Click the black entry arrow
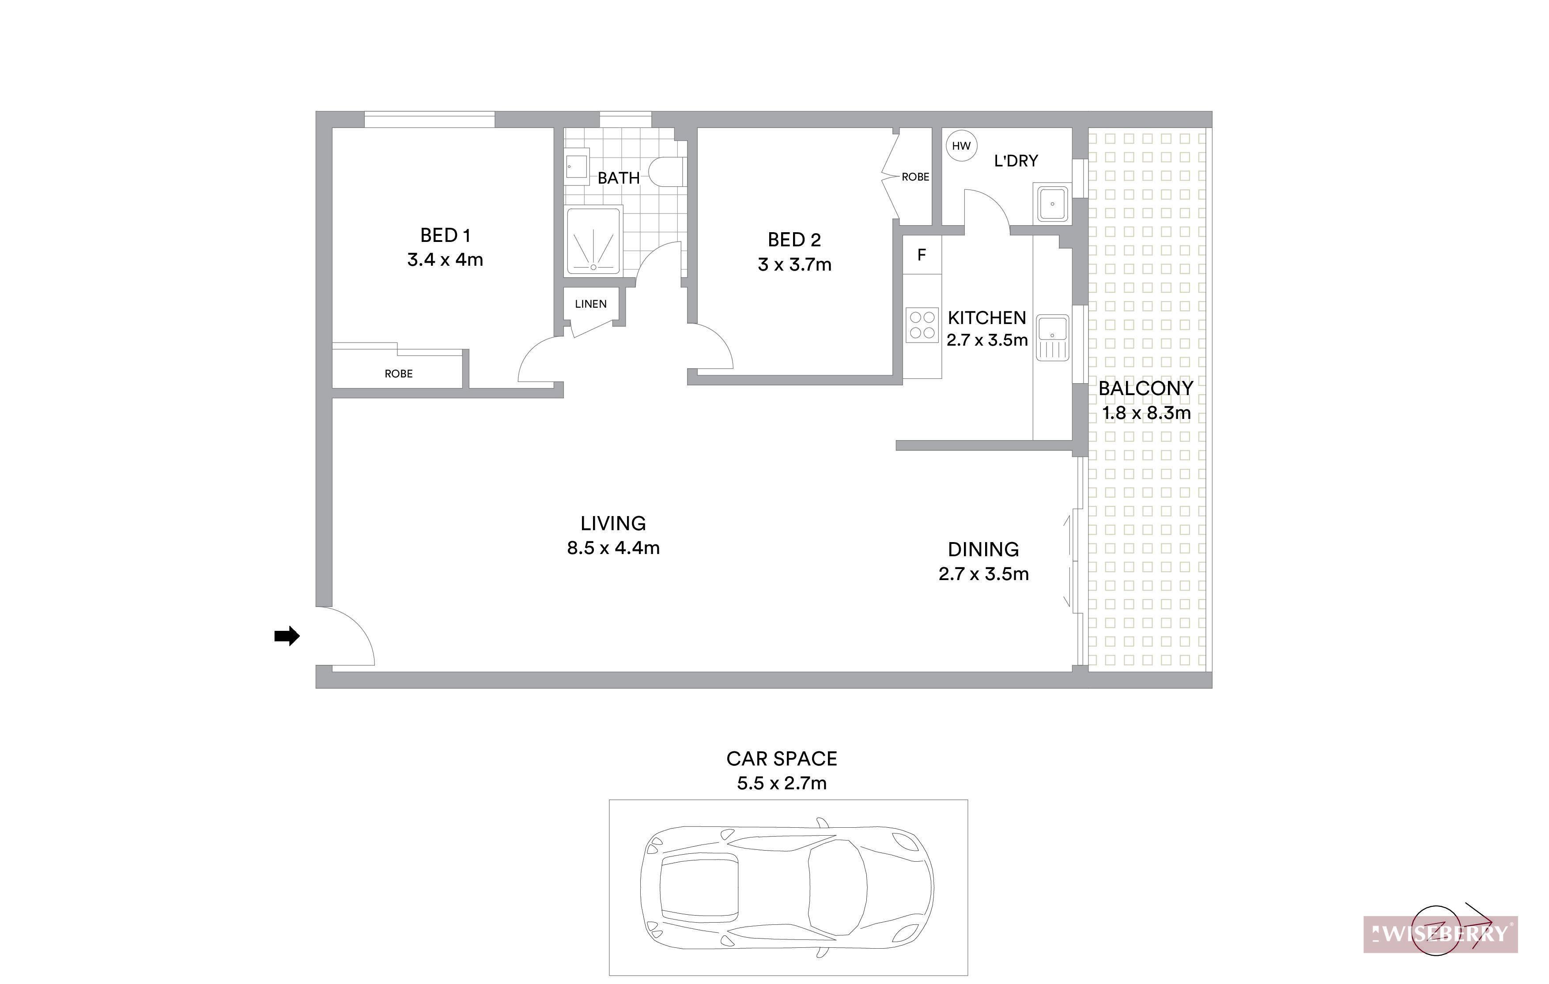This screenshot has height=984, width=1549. [287, 636]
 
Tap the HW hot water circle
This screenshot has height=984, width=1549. [961, 146]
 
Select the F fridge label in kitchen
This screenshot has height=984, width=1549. [921, 255]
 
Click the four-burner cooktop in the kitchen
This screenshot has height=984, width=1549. [922, 325]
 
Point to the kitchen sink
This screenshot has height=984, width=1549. [1052, 337]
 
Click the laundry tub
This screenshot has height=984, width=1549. [1052, 203]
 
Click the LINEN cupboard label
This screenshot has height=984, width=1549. [590, 304]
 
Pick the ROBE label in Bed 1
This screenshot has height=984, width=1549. [399, 373]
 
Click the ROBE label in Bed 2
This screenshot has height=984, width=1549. [915, 177]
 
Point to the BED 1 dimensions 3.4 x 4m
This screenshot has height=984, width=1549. [445, 260]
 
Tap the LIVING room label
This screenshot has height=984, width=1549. [613, 524]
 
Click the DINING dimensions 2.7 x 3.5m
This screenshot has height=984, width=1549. [983, 574]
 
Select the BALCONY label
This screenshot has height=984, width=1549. [1146, 388]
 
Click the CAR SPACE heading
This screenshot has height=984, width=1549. [782, 759]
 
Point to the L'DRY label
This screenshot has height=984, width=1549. [1016, 161]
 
